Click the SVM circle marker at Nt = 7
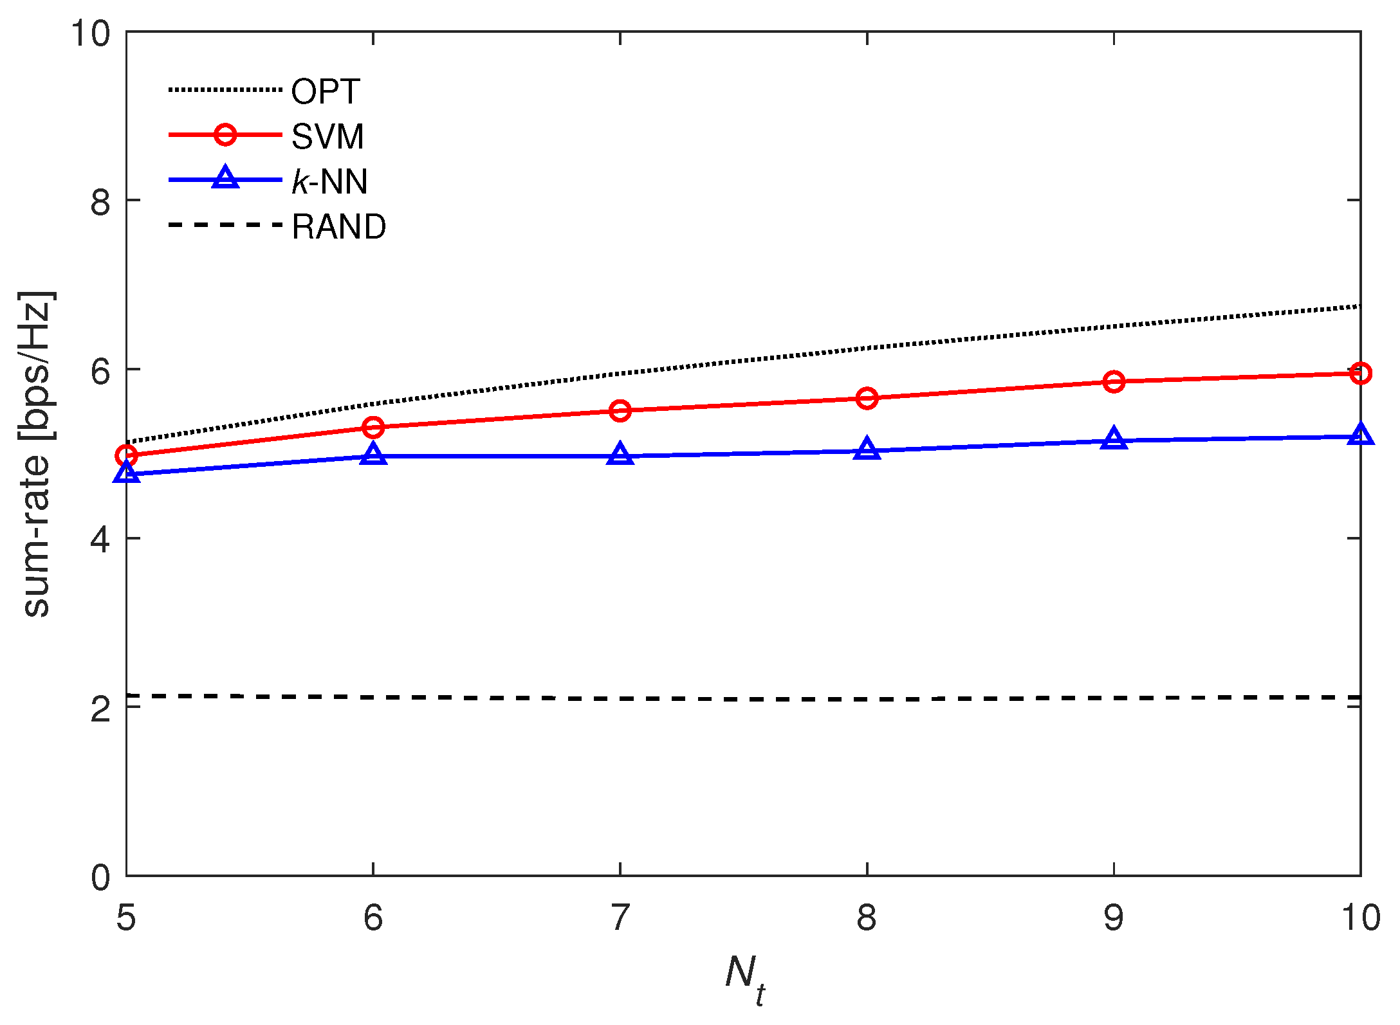pyautogui.click(x=620, y=410)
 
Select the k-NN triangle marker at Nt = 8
pyautogui.click(x=867, y=449)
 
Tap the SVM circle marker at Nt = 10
pyautogui.click(x=1360, y=373)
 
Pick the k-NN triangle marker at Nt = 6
pyautogui.click(x=373, y=454)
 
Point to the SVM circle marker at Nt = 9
pyautogui.click(x=1114, y=382)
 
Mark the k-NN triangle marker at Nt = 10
pyautogui.click(x=1360, y=435)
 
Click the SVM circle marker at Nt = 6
pyautogui.click(x=373, y=427)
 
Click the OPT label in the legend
pyautogui.click(x=325, y=91)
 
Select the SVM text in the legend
pyautogui.click(x=327, y=136)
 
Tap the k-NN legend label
pyautogui.click(x=329, y=181)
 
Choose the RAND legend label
pyautogui.click(x=339, y=226)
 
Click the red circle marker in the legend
pyautogui.click(x=225, y=135)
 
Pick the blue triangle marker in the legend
pyautogui.click(x=225, y=177)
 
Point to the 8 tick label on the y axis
pyautogui.click(x=100, y=202)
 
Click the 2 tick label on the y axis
pyautogui.click(x=100, y=709)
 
